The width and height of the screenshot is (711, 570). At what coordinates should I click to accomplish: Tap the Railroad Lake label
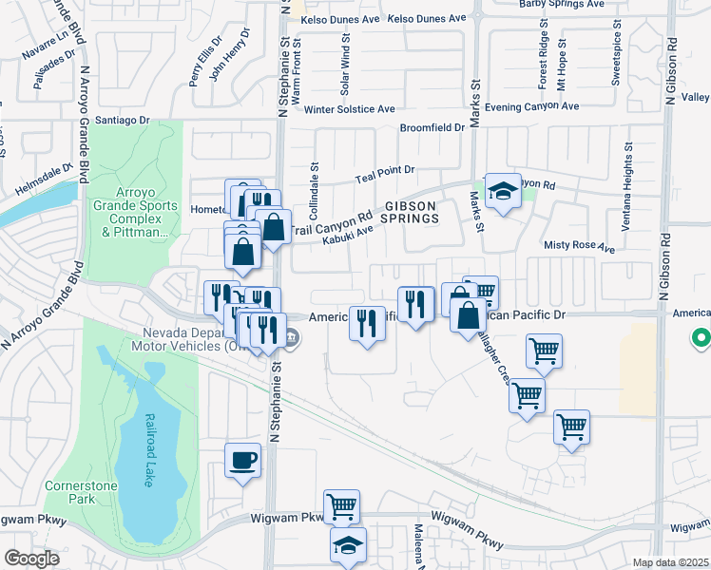(149, 449)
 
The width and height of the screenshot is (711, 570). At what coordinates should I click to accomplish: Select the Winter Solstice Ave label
(349, 108)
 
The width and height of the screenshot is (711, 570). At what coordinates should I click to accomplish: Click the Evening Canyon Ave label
(531, 107)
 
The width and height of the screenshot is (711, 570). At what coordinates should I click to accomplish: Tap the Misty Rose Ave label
(579, 246)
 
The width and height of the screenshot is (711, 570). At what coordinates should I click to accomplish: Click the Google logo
(31, 559)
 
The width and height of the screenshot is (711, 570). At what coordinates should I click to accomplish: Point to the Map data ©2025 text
(669, 562)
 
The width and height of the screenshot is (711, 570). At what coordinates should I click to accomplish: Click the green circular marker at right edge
(701, 337)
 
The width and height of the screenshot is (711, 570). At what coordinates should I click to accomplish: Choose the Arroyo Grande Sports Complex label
(134, 218)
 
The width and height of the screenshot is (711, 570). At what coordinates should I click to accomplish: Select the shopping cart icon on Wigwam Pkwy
(341, 507)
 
